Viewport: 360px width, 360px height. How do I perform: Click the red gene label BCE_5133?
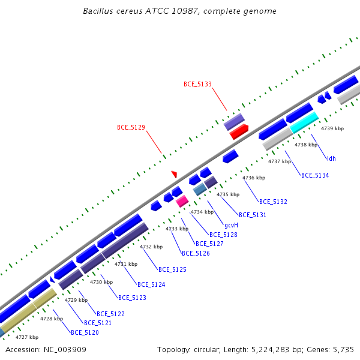(197, 84)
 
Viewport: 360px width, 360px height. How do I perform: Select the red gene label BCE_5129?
(131, 127)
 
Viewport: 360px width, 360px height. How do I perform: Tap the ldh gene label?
(331, 158)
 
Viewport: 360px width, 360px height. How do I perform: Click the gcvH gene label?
(231, 225)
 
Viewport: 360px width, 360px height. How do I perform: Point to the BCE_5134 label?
(315, 175)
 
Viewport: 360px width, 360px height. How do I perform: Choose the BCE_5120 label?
(85, 332)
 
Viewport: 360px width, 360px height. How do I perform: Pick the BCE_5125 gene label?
(172, 269)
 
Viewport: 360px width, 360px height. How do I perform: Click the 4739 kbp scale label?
(332, 128)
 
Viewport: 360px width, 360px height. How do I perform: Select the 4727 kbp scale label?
(27, 337)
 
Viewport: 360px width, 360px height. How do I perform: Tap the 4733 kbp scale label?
(177, 229)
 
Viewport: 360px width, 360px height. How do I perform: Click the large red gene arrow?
(239, 132)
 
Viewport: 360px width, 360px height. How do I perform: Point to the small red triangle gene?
(174, 174)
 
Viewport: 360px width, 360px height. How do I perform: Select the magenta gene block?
(182, 201)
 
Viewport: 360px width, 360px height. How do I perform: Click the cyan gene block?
(304, 122)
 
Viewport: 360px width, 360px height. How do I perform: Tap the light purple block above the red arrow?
(234, 122)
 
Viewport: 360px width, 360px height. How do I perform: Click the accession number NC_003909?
(65, 350)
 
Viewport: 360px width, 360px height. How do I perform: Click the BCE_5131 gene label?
(253, 215)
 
